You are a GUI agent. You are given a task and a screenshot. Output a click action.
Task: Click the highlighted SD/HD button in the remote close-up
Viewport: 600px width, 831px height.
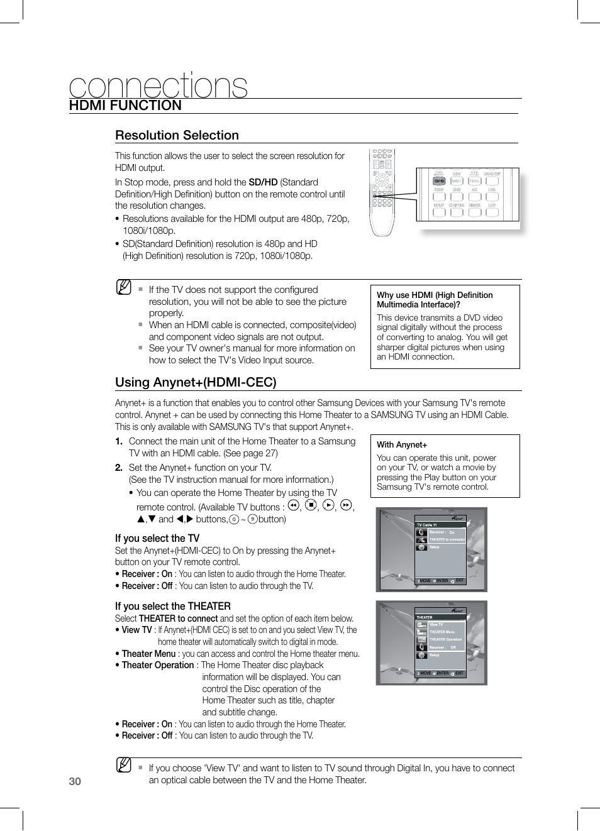[x=438, y=181]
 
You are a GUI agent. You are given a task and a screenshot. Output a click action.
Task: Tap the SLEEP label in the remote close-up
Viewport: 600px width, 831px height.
[x=492, y=206]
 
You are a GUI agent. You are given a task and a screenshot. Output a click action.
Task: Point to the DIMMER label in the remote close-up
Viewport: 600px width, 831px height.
[x=474, y=206]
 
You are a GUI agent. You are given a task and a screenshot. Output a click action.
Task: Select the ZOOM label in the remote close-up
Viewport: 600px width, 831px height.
[x=438, y=189]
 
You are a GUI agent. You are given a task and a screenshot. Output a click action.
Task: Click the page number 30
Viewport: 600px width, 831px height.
[x=75, y=781]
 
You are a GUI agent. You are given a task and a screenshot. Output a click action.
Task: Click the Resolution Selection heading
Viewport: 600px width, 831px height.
[x=177, y=135]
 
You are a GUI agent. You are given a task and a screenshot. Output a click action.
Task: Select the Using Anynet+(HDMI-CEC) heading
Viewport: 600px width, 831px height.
[x=196, y=382]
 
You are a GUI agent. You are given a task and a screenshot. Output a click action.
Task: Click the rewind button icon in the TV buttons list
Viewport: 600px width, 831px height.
[x=293, y=505]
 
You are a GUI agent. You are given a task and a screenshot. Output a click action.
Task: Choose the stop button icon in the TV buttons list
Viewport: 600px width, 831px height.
[x=311, y=505]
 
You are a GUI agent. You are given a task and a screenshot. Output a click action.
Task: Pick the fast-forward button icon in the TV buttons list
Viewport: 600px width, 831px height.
[x=346, y=505]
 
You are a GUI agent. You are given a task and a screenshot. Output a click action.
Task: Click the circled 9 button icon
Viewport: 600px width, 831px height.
[x=252, y=519]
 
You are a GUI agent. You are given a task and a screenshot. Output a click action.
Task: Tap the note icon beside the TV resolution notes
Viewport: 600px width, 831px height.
[x=124, y=287]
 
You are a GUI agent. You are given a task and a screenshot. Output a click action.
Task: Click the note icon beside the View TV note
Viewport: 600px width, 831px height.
[x=124, y=765]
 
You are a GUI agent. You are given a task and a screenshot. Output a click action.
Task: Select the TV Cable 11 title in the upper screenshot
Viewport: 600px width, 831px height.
[x=426, y=525]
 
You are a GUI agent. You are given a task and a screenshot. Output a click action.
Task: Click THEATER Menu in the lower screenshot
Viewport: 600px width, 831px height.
[x=442, y=632]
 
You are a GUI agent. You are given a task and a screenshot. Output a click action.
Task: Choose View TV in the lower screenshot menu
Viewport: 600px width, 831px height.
[x=436, y=625]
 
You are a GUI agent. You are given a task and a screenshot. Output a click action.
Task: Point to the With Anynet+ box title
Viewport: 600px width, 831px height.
[x=402, y=444]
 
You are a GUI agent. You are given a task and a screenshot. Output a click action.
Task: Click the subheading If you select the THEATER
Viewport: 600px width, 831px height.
[x=173, y=606]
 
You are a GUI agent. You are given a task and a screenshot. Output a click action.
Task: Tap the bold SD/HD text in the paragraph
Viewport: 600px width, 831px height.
[x=263, y=182]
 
